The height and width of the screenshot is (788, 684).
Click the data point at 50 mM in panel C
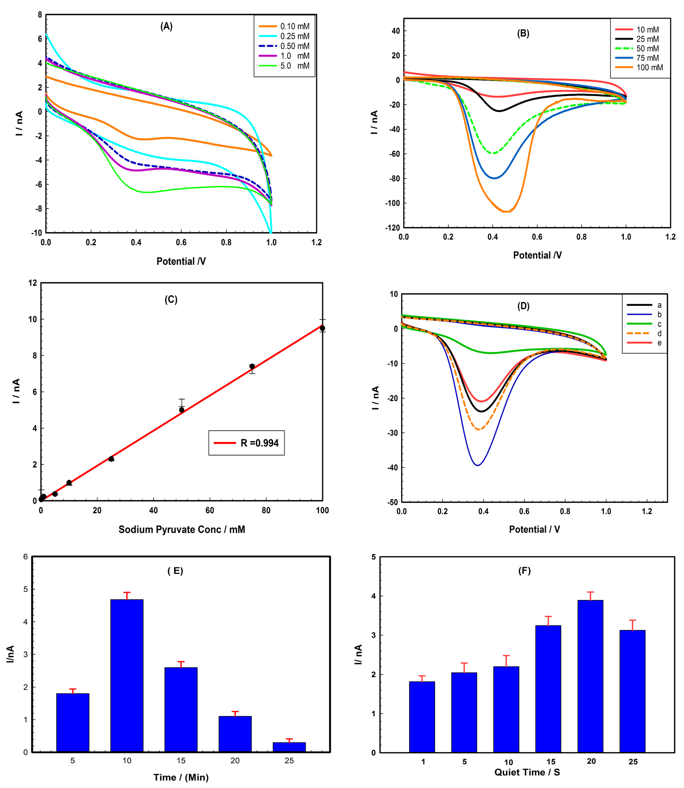182,410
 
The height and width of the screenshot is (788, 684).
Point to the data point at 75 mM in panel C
252,366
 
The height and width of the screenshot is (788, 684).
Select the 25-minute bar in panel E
289,747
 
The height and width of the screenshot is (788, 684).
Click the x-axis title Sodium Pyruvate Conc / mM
182,530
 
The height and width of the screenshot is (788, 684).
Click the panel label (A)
166,26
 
